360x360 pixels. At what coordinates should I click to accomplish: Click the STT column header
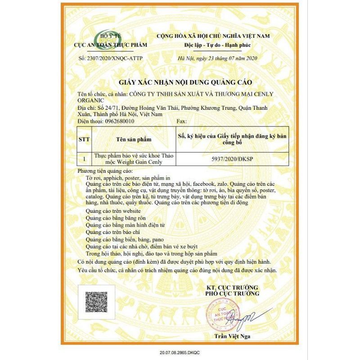(84, 139)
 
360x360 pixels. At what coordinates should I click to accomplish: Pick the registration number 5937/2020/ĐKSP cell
(232, 159)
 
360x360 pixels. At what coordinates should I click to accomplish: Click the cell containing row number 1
(84, 159)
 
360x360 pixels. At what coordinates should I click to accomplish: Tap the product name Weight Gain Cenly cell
(133, 159)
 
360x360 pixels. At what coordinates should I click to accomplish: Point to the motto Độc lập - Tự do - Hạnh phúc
(217, 45)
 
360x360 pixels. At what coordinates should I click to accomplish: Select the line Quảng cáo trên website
(113, 211)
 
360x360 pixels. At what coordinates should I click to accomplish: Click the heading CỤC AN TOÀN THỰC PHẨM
(105, 45)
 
